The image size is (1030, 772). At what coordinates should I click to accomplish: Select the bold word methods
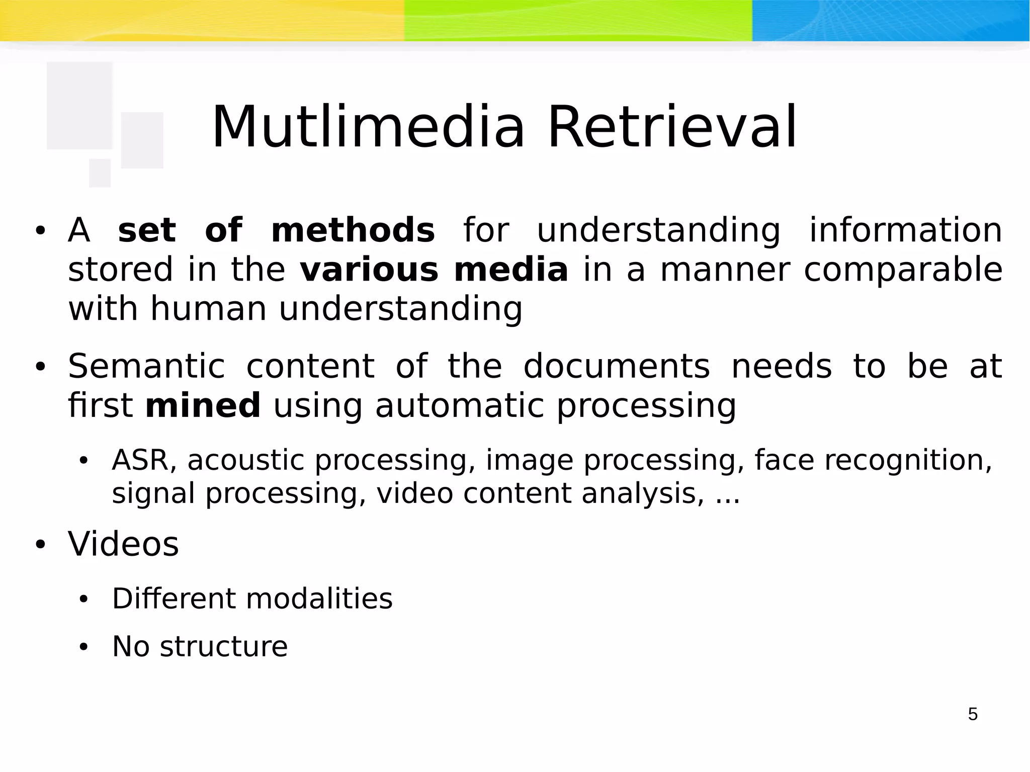tap(353, 230)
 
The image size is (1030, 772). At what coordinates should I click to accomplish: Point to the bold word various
tap(369, 270)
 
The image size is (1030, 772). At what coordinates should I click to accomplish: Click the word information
tap(905, 230)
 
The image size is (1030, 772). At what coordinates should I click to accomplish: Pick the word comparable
tap(903, 270)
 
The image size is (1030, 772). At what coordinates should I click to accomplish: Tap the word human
tap(208, 308)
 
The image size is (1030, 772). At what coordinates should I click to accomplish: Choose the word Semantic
tap(146, 366)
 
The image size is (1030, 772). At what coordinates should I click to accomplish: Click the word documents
tap(617, 366)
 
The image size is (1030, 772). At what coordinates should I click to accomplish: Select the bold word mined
tap(203, 405)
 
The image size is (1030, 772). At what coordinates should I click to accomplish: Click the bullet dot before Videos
tap(40, 545)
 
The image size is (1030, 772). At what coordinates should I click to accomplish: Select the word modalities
tap(319, 598)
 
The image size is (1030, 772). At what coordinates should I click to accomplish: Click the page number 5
tap(973, 714)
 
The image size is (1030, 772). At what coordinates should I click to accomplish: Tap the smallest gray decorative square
tap(100, 173)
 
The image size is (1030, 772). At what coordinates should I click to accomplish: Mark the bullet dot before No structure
tap(83, 647)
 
